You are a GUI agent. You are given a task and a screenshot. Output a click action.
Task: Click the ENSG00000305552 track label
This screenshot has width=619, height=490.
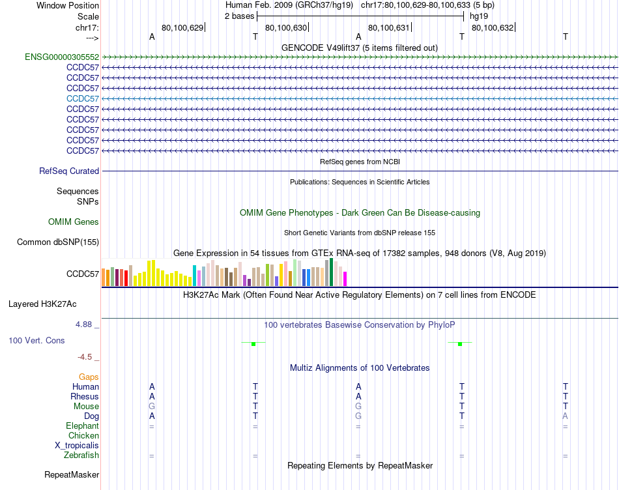pos(62,57)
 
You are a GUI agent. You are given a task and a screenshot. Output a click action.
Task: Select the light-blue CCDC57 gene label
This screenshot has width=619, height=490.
pos(83,98)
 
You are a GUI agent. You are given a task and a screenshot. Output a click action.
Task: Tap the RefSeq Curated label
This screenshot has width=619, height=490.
pos(69,171)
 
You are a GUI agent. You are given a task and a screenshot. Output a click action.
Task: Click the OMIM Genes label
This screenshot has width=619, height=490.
pos(74,222)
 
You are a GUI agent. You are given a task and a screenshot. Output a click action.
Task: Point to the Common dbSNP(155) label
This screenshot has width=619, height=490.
pos(58,242)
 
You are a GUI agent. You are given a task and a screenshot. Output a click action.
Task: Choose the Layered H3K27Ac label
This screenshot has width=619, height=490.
pos(42,304)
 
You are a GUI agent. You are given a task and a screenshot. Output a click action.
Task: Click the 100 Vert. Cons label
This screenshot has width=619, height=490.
pos(37,341)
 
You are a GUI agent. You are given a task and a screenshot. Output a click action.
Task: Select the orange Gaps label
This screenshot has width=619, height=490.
pos(89,377)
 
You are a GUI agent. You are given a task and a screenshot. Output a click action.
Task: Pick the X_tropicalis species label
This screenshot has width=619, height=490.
pos(77,446)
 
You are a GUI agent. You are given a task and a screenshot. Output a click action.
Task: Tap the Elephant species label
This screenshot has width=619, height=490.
pos(82,426)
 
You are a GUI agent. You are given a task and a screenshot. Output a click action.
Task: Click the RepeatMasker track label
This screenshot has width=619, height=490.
pos(72,475)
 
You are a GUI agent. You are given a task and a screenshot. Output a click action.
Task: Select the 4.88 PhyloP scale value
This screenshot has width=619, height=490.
pos(87,323)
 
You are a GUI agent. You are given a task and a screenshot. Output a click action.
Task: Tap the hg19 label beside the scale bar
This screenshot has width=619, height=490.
pos(479,16)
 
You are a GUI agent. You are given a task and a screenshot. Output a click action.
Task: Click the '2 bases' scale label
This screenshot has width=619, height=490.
pos(240,16)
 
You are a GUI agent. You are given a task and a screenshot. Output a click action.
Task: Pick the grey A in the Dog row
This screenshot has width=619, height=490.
pos(566,416)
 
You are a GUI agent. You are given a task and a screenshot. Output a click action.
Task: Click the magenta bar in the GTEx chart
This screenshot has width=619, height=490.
pos(345,278)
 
